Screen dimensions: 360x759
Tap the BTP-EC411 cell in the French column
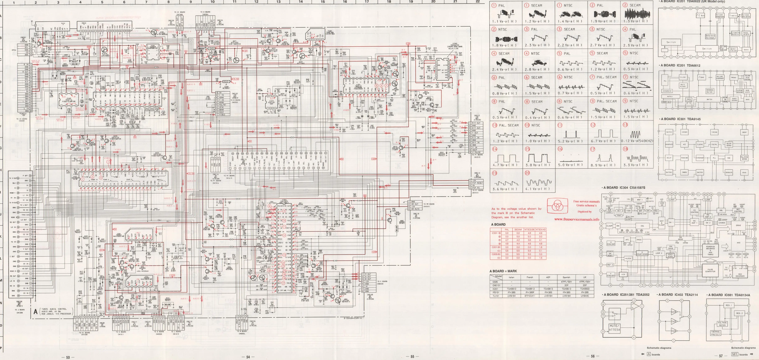[529, 296]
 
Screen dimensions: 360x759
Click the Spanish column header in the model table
[566, 277]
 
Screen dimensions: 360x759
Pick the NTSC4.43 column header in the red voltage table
[540, 229]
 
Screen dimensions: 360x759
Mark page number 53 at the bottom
[68, 357]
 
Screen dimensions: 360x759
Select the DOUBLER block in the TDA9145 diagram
[729, 172]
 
